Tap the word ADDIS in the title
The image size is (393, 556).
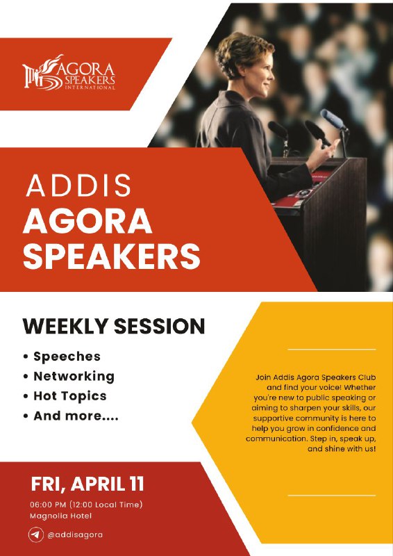click(78, 185)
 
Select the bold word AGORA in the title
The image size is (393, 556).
click(87, 221)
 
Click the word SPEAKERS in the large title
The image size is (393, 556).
click(112, 256)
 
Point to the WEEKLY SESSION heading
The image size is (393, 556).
click(114, 326)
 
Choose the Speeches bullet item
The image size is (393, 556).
click(67, 357)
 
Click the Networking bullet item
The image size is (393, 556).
click(74, 377)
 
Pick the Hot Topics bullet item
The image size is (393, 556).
click(70, 396)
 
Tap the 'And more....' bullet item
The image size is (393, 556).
click(76, 416)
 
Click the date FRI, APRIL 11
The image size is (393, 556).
click(87, 484)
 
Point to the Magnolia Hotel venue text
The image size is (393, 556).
click(60, 516)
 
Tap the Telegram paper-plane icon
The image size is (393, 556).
click(36, 534)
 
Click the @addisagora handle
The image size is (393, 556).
click(75, 534)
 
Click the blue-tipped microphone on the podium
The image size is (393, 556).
click(333, 120)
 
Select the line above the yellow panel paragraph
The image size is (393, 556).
click(331, 350)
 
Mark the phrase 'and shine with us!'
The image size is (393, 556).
click(342, 449)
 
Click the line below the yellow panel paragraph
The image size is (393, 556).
click(331, 495)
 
